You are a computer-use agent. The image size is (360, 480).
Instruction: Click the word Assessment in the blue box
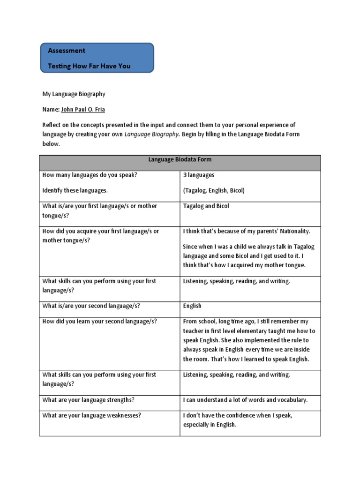click(67, 51)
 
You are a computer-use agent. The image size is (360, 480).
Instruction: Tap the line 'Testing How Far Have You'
click(89, 66)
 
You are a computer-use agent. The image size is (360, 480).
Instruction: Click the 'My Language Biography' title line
click(74, 94)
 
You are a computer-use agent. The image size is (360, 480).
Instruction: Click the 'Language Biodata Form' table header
click(180, 160)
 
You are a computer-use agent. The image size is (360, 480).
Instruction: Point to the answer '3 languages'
click(199, 175)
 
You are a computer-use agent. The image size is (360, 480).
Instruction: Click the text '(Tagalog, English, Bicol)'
click(214, 191)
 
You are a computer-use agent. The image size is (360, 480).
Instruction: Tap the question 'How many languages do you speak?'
click(90, 175)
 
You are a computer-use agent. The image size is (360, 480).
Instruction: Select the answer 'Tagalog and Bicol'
click(206, 206)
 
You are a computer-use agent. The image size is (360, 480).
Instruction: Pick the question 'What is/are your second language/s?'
click(91, 306)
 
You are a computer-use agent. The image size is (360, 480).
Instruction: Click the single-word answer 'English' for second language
click(192, 306)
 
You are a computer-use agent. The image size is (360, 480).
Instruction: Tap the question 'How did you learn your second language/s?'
click(100, 322)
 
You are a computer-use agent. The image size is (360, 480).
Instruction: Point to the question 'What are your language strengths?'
click(89, 400)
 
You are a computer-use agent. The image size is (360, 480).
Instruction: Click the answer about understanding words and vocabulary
click(245, 400)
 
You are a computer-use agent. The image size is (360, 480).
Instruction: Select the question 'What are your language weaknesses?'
click(92, 415)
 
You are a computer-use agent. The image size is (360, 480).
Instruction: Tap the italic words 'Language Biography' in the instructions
click(151, 134)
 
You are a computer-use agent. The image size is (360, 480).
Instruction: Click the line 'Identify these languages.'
click(75, 191)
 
